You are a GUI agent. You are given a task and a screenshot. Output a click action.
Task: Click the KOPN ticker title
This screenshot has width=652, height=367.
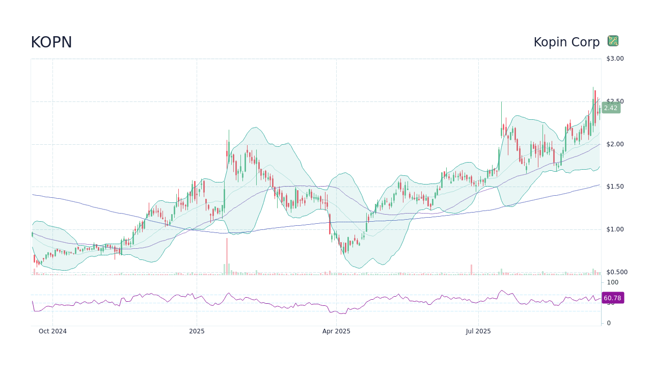[x=51, y=42]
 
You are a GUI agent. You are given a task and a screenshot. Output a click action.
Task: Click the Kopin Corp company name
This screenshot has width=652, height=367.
[x=566, y=42]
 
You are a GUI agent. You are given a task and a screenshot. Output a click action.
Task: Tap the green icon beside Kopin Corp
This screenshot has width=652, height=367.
[x=613, y=41]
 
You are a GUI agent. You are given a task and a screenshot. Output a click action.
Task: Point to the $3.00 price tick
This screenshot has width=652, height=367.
[x=615, y=59]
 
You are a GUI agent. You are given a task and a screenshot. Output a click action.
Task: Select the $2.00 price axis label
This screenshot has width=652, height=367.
[x=615, y=144]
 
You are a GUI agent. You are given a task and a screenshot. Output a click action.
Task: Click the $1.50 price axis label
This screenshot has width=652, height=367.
[x=615, y=187]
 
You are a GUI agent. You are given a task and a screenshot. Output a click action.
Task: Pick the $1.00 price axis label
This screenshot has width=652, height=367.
[x=615, y=229]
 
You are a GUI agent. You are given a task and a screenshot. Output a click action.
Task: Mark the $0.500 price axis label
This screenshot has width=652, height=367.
[x=617, y=272]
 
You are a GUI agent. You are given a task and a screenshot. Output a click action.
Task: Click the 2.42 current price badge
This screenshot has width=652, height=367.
[x=611, y=108]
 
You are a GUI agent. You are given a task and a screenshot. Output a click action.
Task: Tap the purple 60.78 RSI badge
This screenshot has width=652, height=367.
[x=612, y=298]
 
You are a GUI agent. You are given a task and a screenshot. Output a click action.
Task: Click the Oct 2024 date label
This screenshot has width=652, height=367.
[x=53, y=331]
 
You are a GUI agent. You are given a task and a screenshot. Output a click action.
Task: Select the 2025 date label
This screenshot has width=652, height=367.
[x=197, y=331]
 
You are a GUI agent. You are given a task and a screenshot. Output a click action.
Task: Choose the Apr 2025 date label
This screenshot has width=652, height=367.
[x=336, y=331]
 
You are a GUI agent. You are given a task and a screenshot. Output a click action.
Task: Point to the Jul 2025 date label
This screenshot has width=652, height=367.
[x=478, y=331]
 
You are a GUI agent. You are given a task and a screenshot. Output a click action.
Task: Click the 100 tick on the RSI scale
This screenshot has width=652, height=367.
[x=612, y=282]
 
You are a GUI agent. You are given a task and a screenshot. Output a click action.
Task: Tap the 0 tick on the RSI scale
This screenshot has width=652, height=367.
[x=609, y=323]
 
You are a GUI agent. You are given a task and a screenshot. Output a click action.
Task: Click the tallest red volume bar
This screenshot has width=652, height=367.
[x=227, y=256]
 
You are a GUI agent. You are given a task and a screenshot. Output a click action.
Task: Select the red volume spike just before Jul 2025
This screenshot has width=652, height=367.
[x=471, y=270]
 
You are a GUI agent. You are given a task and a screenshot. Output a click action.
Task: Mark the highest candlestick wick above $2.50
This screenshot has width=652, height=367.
[x=593, y=89]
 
